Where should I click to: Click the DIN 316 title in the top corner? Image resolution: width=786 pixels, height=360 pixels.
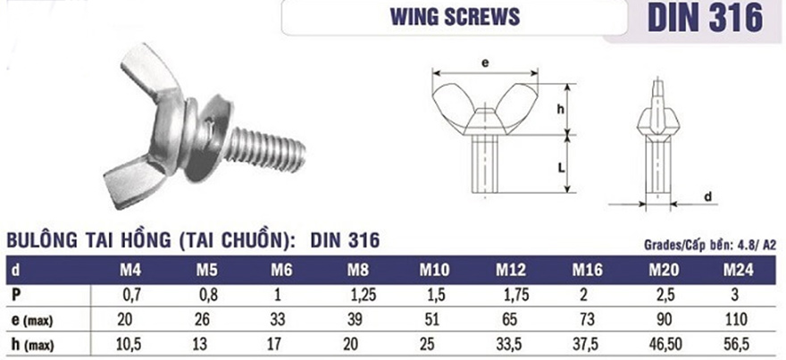tap(706, 18)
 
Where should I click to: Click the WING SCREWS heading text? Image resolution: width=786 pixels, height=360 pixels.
tap(456, 17)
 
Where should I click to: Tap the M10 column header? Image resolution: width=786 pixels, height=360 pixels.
tap(435, 271)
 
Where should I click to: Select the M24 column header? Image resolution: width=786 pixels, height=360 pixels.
tap(738, 271)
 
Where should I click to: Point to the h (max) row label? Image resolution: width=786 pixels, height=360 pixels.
tap(32, 345)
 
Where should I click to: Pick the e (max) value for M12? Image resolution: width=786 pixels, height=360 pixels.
tap(511, 320)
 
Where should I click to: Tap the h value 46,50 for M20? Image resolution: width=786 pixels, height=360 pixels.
tap(665, 345)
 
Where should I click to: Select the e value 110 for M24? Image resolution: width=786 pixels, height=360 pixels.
tap(735, 320)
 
